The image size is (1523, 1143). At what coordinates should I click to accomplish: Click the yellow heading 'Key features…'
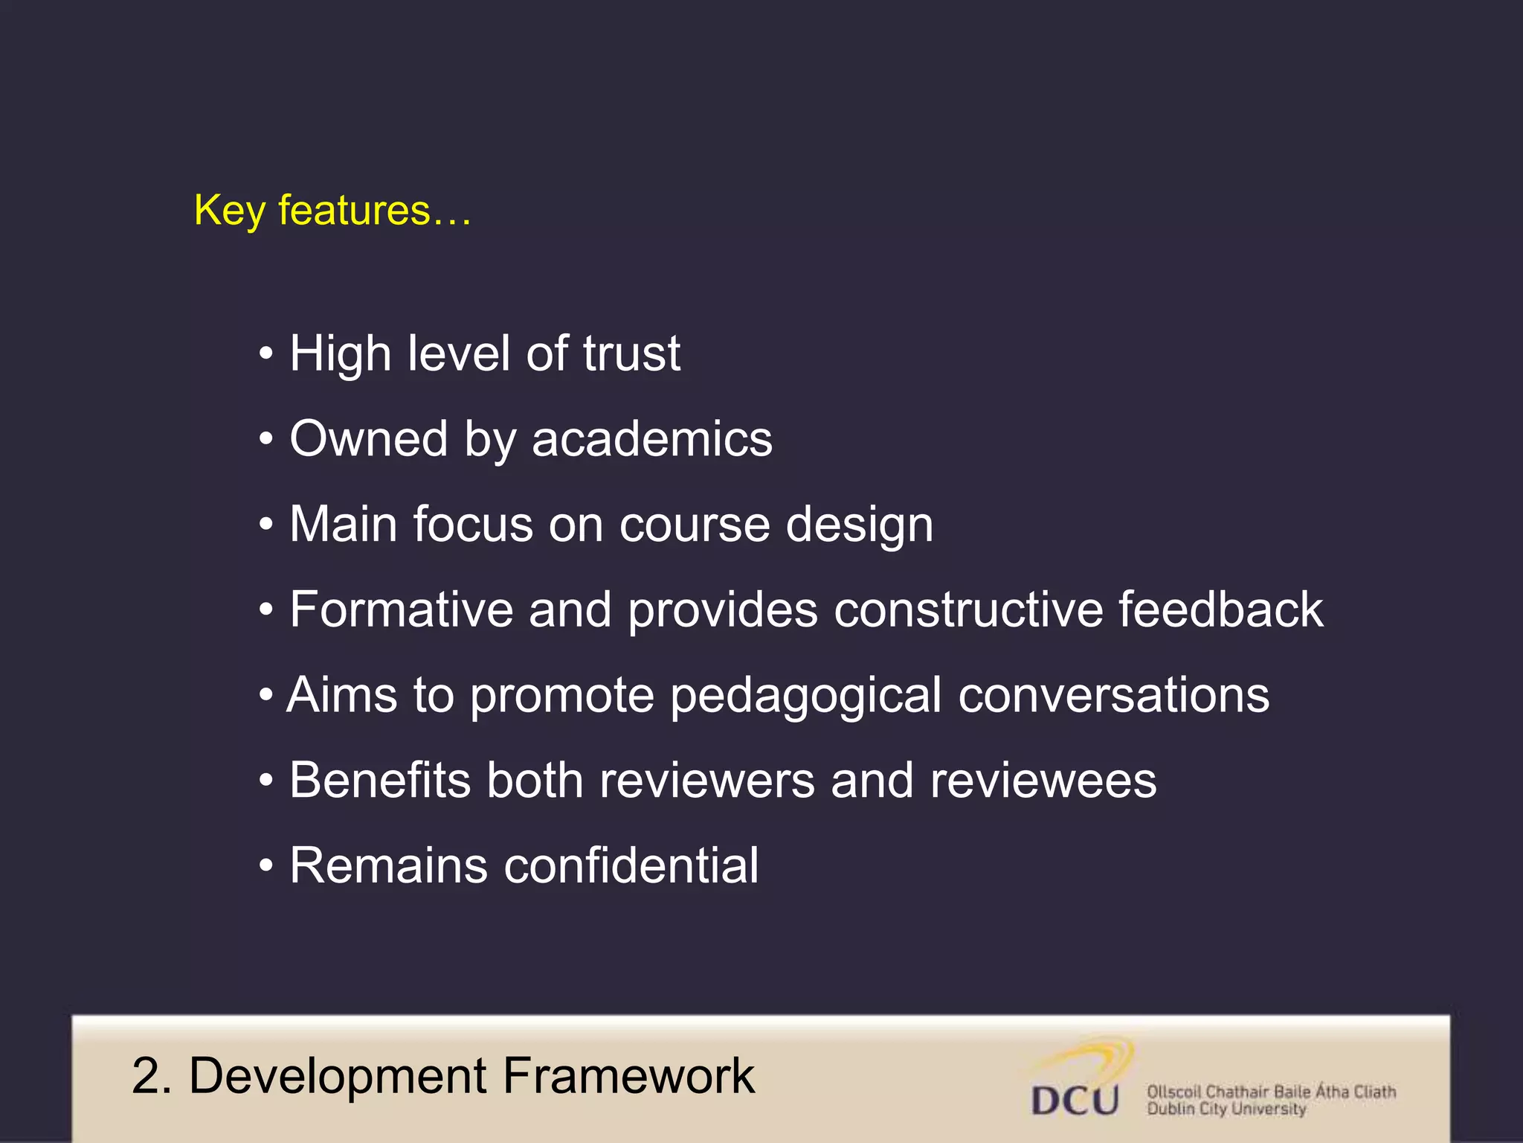click(x=332, y=211)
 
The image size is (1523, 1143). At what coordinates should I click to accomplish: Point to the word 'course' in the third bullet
click(x=695, y=524)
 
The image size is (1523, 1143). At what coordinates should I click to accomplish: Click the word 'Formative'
click(x=401, y=609)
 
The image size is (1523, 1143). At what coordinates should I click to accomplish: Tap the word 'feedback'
click(x=1221, y=609)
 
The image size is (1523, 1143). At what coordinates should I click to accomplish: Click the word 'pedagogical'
click(x=806, y=697)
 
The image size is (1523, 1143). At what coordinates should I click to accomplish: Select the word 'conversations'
click(x=1113, y=695)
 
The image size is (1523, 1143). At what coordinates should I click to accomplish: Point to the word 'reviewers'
click(x=706, y=781)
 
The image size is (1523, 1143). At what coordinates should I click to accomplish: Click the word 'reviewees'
click(x=1043, y=781)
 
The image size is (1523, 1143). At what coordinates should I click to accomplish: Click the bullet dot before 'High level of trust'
click(x=266, y=354)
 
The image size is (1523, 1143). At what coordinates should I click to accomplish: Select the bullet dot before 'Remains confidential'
click(x=266, y=867)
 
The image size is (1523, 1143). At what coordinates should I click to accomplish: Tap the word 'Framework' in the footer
click(x=628, y=1076)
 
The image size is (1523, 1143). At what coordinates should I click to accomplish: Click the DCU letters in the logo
click(x=1075, y=1100)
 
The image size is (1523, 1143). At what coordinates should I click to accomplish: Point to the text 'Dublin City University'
click(x=1226, y=1110)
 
